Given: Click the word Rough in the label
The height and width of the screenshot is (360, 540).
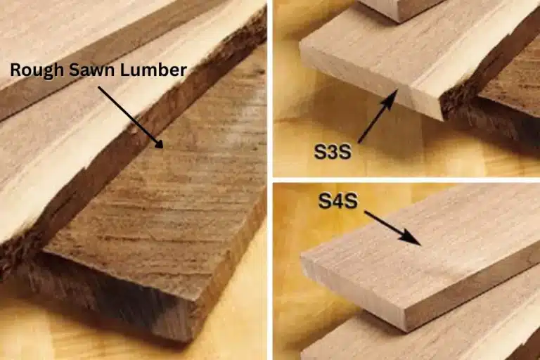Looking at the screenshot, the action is point(37,70).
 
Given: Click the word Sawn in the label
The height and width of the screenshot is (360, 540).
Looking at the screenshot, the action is point(92,70).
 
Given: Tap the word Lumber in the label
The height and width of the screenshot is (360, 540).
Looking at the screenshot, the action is point(153,70).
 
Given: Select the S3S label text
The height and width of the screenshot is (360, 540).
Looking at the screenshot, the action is point(333,152).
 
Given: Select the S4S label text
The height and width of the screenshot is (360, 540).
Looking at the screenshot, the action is point(337,201).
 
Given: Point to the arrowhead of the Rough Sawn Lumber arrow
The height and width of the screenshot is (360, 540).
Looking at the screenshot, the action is point(159,143).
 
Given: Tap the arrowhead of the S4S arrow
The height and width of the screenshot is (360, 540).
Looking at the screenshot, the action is point(413,238).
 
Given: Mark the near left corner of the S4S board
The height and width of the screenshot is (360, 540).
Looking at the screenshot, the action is point(302,257).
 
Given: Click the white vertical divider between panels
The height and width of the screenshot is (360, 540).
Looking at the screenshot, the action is point(270,180).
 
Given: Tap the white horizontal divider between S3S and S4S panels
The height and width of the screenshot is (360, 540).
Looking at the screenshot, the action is point(406,180).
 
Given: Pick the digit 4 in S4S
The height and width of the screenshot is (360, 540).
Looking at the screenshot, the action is point(338,201).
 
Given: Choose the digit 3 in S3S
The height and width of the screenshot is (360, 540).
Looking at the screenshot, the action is point(333,152).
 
